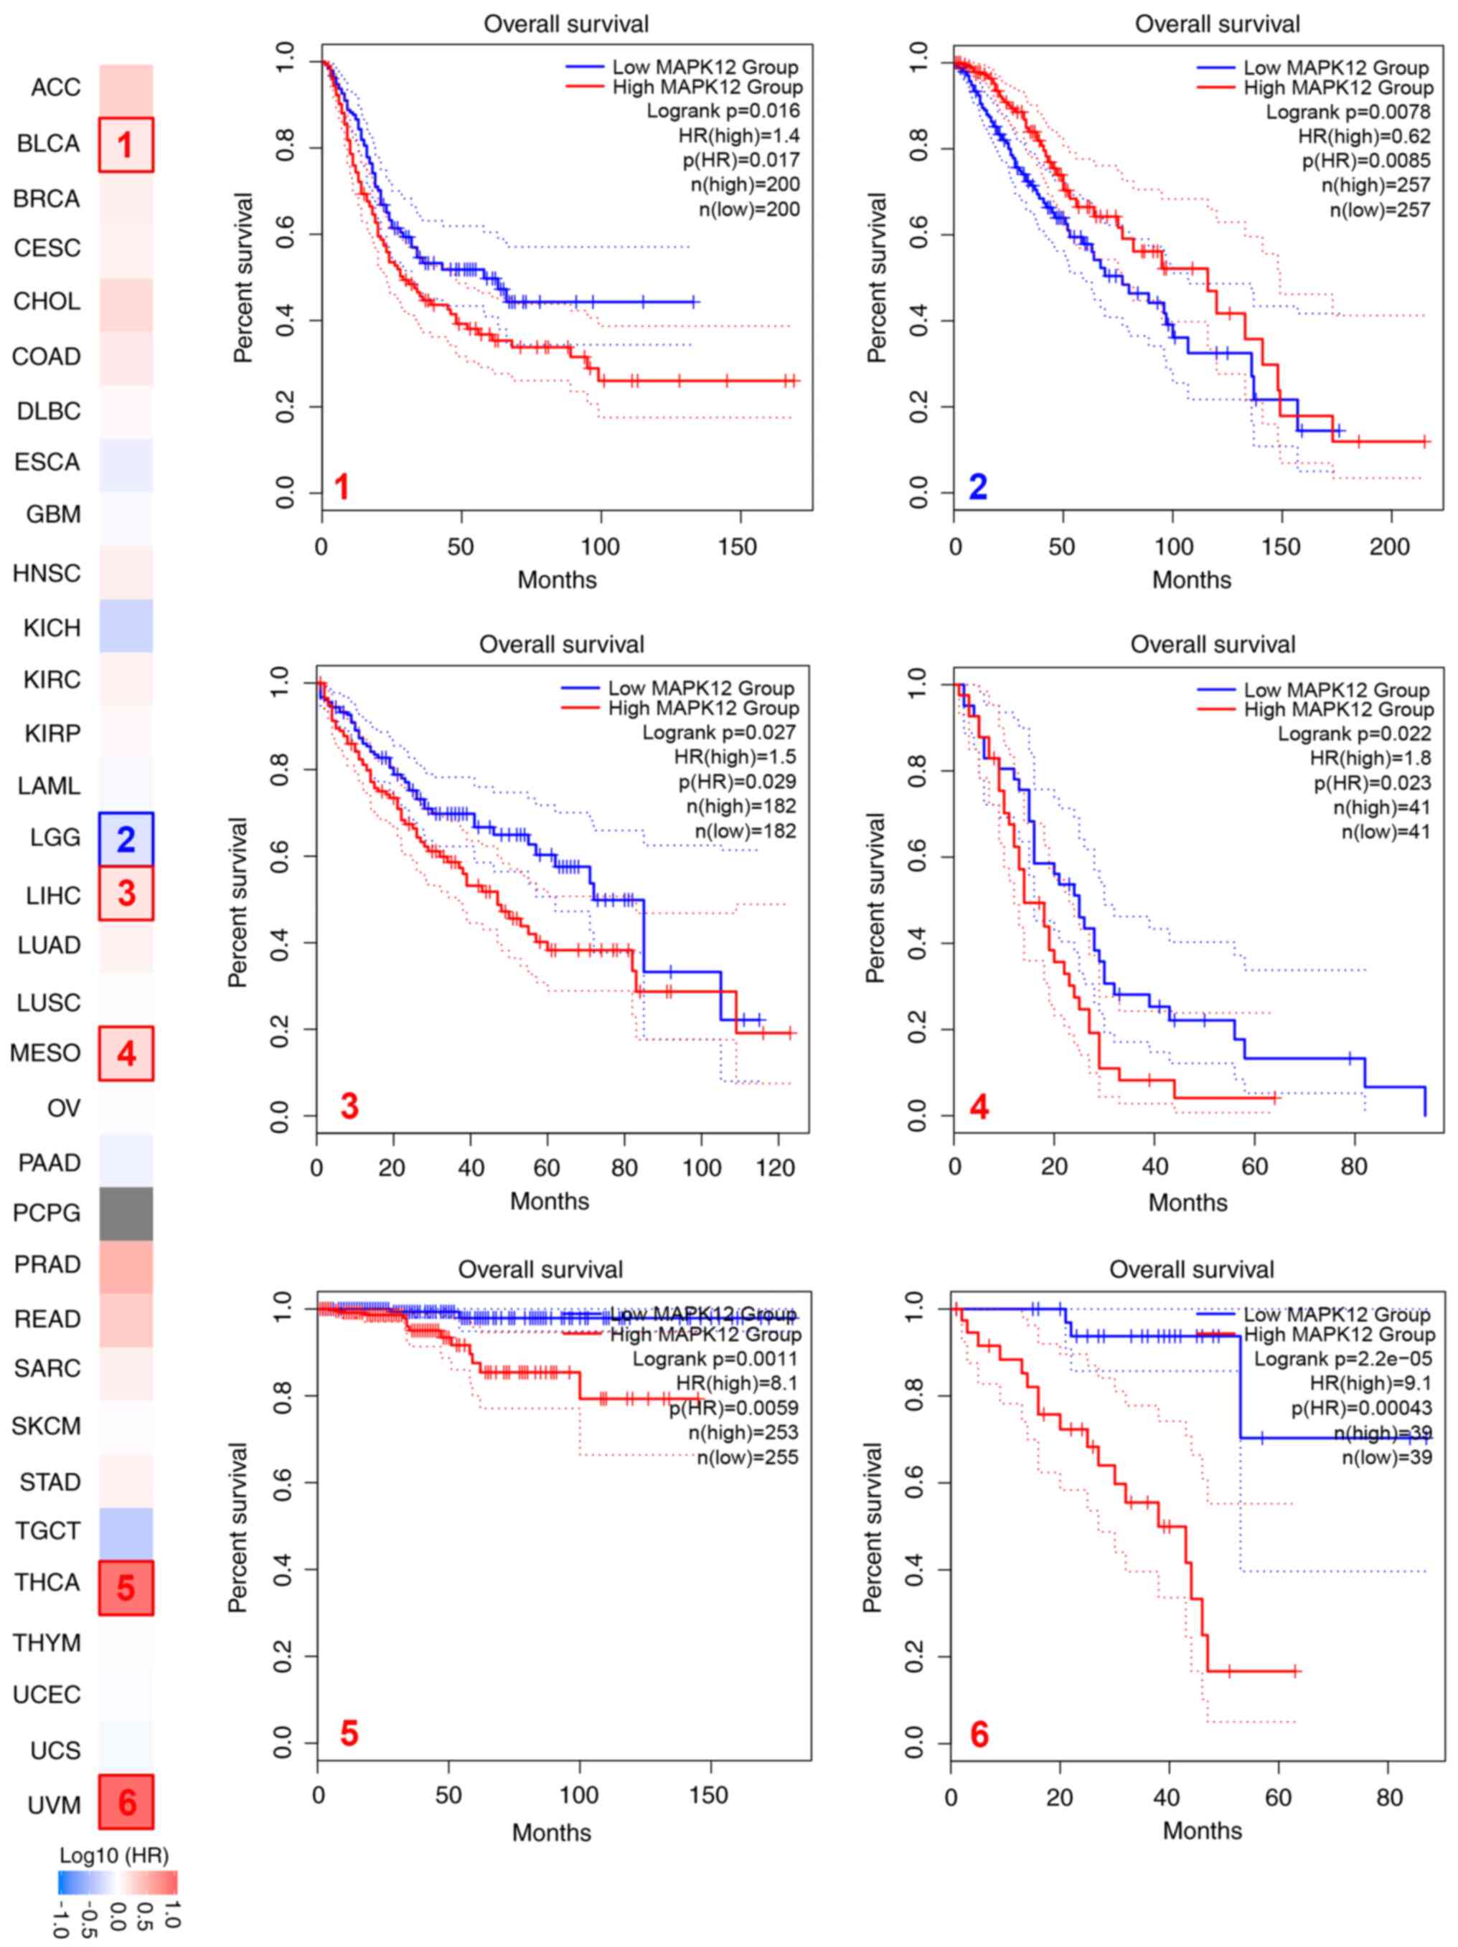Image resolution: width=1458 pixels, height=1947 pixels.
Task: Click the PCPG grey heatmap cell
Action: tap(126, 1213)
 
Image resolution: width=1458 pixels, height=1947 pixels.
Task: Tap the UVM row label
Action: tap(55, 1804)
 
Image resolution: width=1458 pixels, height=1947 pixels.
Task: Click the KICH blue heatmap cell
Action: tap(126, 626)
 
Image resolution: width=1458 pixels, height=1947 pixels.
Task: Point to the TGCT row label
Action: tap(47, 1530)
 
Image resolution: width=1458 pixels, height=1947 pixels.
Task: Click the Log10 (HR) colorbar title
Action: tap(115, 1854)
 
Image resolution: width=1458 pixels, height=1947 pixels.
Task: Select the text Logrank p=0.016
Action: tap(723, 111)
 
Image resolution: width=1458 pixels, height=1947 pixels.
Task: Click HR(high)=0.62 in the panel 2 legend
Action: tap(1364, 136)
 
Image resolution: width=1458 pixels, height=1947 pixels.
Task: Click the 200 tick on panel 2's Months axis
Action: tap(1389, 546)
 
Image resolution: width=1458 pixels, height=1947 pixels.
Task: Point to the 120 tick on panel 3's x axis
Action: tap(776, 1168)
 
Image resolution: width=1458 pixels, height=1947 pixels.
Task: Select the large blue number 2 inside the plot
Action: tap(977, 487)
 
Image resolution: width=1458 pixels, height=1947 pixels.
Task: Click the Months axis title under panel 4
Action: tap(1187, 1203)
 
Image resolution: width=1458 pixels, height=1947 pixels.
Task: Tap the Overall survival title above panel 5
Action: tap(540, 1269)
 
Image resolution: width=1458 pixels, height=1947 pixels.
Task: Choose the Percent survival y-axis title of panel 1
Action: tap(243, 278)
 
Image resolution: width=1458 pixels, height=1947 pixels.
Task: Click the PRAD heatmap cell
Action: tap(126, 1266)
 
